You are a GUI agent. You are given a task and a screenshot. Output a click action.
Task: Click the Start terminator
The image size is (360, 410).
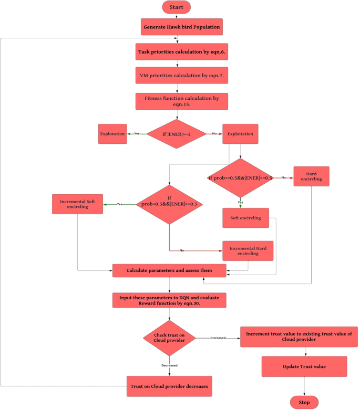click(x=177, y=7)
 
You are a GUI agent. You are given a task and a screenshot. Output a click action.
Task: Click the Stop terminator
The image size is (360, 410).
click(x=305, y=402)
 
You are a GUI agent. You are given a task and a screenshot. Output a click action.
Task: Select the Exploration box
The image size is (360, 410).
click(x=112, y=134)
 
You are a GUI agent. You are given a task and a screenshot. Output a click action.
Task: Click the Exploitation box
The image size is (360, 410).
click(x=240, y=134)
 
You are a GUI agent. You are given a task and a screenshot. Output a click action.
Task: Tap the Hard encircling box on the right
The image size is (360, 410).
click(x=311, y=177)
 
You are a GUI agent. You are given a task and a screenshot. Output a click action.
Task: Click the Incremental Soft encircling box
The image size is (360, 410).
click(x=77, y=204)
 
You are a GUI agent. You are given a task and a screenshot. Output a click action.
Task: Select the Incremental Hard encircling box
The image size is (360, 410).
click(x=248, y=250)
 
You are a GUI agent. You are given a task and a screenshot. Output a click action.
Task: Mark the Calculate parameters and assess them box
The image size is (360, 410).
click(x=169, y=270)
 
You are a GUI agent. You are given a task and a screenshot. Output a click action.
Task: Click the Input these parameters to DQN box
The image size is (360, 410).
click(x=169, y=300)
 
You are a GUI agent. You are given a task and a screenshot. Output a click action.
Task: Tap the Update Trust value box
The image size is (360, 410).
click(x=305, y=366)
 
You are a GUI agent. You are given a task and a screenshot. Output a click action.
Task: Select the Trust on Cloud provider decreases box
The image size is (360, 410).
click(x=169, y=386)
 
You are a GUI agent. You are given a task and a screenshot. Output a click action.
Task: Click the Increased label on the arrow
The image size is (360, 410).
click(x=218, y=338)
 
